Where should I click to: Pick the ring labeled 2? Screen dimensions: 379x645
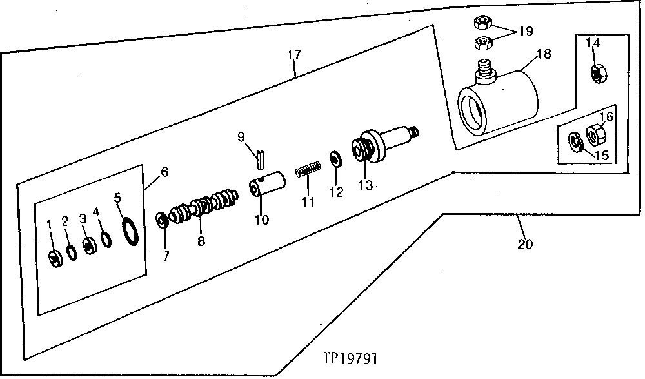(x=72, y=251)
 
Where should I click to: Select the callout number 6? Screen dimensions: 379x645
(x=164, y=172)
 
